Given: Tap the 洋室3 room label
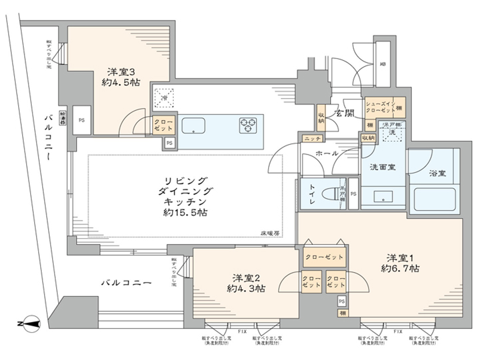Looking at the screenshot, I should pos(121,72).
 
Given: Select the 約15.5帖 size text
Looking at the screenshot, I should pos(185,213).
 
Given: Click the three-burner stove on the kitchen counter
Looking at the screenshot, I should pos(248,125).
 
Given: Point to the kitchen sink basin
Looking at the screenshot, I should pos(193,126).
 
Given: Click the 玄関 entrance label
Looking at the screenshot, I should pos(344,113).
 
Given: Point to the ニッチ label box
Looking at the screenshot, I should pos(312,138).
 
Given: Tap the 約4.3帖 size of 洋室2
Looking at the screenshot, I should pos(246,288).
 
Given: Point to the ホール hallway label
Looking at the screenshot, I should pos(326,153).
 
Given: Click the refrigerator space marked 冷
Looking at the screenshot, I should pos(164,98).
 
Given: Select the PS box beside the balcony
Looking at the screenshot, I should pos(82,120).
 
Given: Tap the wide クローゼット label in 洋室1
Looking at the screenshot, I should pos(324,257).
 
